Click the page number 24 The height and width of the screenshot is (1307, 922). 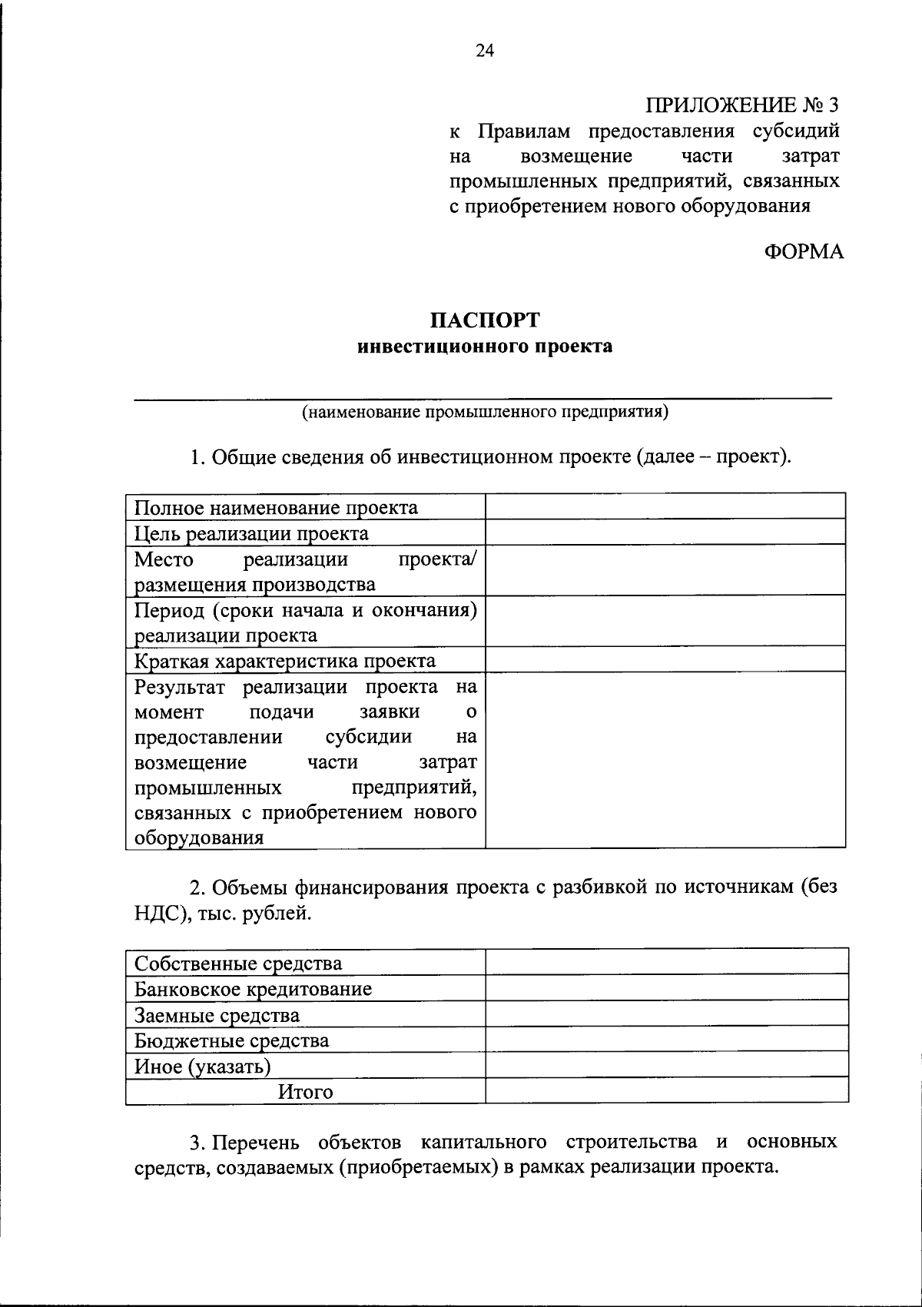[485, 51]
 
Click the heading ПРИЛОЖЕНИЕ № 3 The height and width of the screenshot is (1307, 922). [741, 104]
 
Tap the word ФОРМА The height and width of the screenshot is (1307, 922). [804, 251]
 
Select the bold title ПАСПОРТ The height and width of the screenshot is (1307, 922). [485, 319]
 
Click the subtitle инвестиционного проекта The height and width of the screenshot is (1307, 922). [485, 347]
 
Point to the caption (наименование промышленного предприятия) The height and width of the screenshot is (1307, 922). [485, 413]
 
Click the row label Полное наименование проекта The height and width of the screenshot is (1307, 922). [277, 508]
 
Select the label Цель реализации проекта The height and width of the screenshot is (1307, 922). [251, 533]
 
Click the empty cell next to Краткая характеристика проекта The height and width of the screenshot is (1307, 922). [665, 659]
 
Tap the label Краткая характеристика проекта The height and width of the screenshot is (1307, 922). [285, 661]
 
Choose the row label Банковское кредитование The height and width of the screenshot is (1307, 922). [254, 989]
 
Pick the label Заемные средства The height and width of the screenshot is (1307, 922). [217, 1015]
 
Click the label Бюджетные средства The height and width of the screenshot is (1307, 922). [232, 1041]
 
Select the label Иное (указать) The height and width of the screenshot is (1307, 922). [203, 1066]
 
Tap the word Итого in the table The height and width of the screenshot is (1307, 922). [306, 1092]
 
